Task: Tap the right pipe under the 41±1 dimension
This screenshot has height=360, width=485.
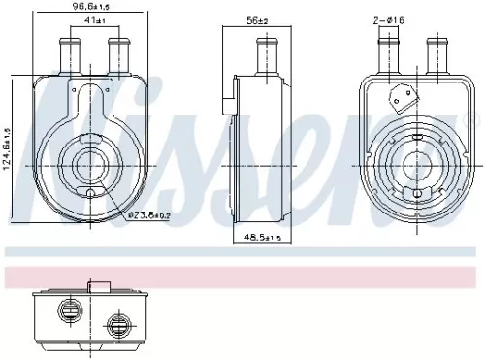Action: [x=119, y=55]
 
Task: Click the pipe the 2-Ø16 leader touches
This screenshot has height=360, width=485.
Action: [x=387, y=56]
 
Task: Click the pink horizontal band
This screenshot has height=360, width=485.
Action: [x=242, y=278]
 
